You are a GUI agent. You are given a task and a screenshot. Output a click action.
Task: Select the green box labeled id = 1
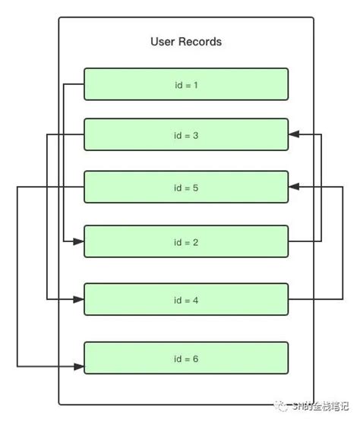186,84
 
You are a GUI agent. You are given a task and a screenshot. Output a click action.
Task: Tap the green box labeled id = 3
186,135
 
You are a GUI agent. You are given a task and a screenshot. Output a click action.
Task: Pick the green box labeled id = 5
186,187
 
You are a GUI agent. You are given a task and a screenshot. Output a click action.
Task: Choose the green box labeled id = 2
186,242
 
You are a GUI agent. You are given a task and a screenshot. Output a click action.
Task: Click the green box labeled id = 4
186,299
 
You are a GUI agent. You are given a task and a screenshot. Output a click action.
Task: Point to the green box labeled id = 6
186,358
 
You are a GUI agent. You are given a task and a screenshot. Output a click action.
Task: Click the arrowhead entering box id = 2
79,242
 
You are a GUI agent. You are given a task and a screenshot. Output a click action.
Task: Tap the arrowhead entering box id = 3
294,135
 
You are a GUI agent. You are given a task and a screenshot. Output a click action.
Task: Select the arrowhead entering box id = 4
79,299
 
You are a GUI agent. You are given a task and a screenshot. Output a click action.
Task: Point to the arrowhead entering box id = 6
79,367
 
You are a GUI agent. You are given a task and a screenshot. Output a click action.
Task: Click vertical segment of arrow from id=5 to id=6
17,277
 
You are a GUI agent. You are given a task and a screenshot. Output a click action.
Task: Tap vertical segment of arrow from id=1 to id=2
64,163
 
